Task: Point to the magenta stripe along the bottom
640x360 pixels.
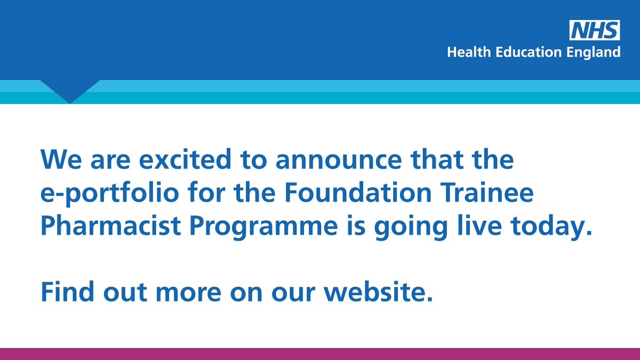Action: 320,354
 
